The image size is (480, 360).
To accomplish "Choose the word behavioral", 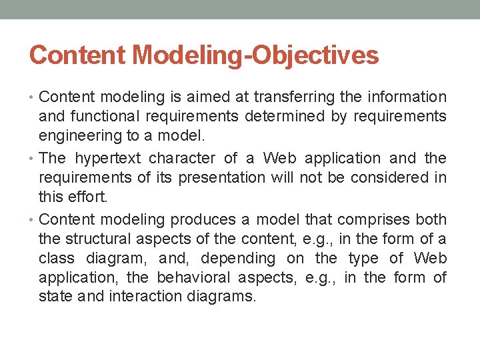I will pyautogui.click(x=194, y=277).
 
